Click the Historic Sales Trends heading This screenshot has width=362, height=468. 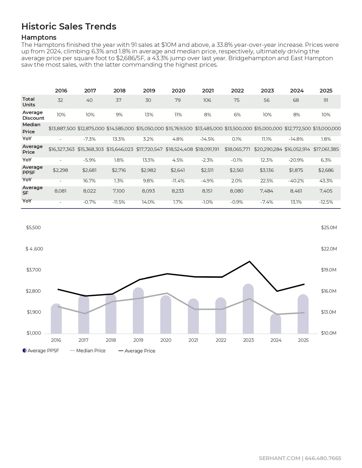pos(69,26)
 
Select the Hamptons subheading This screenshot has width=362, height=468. pos(39,37)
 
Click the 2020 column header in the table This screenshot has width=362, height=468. pos(178,91)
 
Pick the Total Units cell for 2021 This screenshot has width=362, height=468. pos(207,100)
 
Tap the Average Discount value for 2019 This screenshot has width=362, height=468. pos(149,115)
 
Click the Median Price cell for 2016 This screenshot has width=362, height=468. pos(62,128)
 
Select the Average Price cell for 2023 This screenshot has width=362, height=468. pos(268,149)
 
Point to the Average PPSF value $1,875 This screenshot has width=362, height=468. pos(296,170)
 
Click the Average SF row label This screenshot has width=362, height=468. pos(32,190)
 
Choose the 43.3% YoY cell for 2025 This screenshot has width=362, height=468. pos(326,181)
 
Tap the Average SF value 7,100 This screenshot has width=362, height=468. pos(119,191)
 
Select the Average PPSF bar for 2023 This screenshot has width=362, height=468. pos(248,309)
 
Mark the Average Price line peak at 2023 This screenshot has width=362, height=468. pos(249,262)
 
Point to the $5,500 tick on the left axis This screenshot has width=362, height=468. pos(34,228)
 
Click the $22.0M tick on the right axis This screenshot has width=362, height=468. pos(329,249)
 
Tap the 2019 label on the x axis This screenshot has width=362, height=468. pos(138,340)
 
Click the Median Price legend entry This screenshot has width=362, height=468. pos(88,351)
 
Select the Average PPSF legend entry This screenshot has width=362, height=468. pos(41,351)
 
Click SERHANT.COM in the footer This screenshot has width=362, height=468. pos(279,458)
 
